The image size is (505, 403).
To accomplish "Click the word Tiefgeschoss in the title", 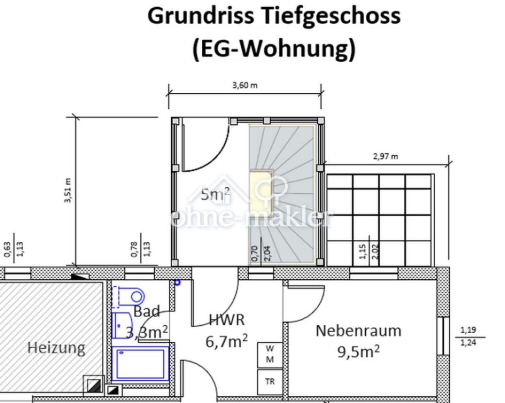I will [x=331, y=16].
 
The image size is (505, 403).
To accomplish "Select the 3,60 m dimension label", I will [x=245, y=85].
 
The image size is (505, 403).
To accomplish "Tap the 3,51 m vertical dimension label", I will [x=68, y=191].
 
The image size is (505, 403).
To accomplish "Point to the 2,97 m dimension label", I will [x=386, y=156].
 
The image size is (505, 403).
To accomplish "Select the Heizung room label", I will [x=56, y=348].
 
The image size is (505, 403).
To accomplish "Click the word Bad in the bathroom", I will [x=147, y=312].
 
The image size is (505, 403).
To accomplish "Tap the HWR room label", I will [x=227, y=319].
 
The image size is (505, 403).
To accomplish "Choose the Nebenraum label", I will [x=358, y=331].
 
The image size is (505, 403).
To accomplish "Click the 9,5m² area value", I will [x=358, y=352].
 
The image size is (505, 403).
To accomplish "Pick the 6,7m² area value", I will [x=227, y=341].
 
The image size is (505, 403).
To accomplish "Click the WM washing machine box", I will [x=270, y=354].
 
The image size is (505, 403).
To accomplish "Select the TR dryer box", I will [x=270, y=382].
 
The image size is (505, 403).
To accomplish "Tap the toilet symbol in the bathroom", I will [x=131, y=296].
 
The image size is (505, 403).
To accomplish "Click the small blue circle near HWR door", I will [x=178, y=282].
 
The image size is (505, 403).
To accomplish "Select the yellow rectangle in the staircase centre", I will [x=261, y=191].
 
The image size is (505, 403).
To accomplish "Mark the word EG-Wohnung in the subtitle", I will [x=274, y=49].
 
